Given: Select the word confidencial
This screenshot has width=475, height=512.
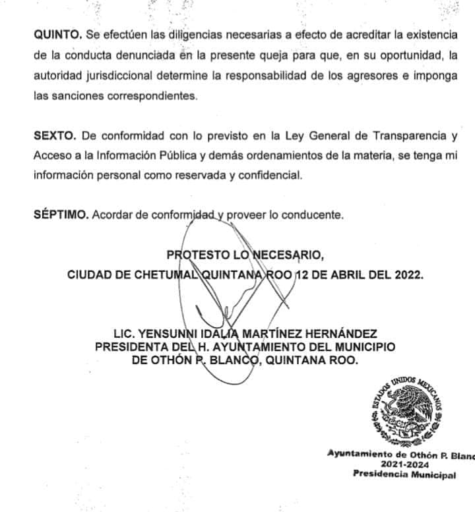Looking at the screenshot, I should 268,176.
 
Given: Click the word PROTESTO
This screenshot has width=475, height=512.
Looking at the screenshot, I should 196,255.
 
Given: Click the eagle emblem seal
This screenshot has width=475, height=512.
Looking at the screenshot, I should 405,412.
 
